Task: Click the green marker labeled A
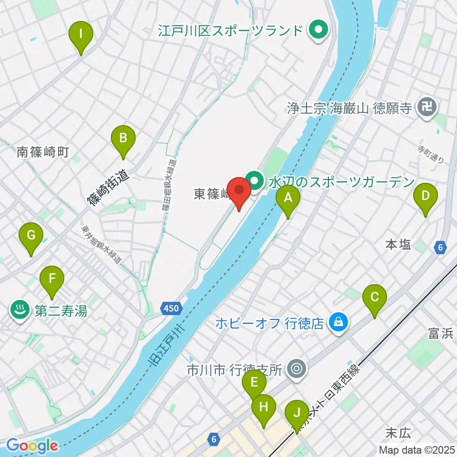click(x=288, y=198)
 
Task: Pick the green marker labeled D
click(x=426, y=196)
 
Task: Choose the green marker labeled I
click(x=81, y=34)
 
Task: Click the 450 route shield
click(x=170, y=308)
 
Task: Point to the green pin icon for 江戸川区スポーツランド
click(x=316, y=31)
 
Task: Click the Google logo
click(x=32, y=446)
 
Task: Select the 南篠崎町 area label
click(x=43, y=152)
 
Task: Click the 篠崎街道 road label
click(x=109, y=188)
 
